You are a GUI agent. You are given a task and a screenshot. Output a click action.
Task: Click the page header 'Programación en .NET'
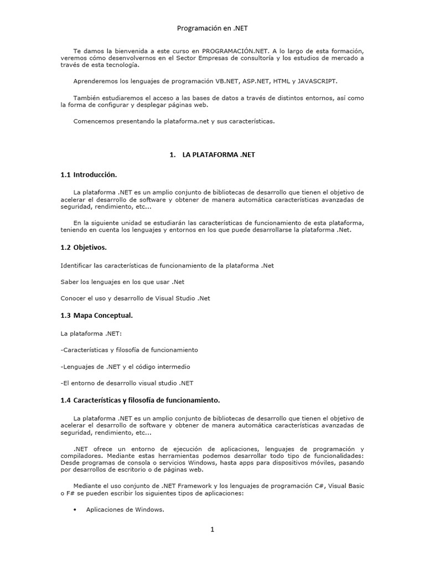(212, 28)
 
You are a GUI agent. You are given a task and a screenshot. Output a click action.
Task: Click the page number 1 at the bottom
(212, 529)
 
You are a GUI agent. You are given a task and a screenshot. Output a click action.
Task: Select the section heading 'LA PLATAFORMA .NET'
(219, 155)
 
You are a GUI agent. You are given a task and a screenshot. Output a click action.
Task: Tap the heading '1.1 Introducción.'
(89, 175)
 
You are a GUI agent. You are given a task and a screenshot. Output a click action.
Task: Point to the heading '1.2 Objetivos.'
(84, 248)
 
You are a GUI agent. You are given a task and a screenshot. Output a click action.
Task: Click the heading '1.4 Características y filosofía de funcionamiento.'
(140, 400)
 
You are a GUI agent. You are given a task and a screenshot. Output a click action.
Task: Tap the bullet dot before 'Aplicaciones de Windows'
(74, 510)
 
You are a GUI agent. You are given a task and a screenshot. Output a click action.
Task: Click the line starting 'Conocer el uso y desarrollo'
(135, 298)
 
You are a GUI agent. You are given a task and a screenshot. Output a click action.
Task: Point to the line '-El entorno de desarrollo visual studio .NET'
(127, 383)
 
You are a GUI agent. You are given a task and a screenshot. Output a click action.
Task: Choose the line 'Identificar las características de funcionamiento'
(167, 265)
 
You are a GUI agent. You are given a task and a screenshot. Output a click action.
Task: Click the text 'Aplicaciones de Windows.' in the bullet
(125, 510)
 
